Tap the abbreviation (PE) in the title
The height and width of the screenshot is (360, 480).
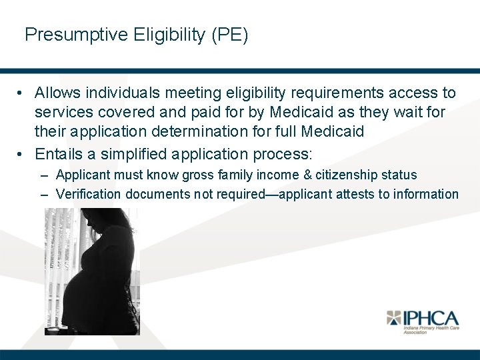[x=229, y=35]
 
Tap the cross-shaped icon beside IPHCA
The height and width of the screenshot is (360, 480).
[x=395, y=318]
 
